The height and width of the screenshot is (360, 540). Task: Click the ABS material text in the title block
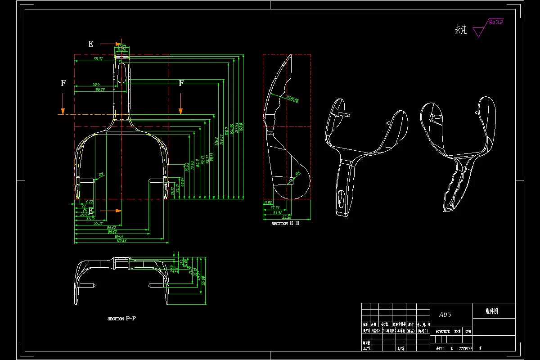coord(445,314)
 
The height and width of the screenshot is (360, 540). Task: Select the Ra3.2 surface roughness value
coord(495,22)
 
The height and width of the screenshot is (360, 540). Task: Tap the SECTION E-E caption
coord(285,223)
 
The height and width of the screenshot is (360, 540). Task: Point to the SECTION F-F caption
coord(121,319)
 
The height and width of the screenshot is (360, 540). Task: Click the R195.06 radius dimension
coord(292,99)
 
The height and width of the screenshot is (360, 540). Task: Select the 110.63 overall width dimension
coord(121,241)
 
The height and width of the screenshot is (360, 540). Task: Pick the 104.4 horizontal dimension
coord(119,236)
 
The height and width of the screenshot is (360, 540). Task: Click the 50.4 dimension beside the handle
coord(96,84)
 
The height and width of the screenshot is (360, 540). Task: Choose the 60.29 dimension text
coord(100,90)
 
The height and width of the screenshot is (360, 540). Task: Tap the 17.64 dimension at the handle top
coord(121,45)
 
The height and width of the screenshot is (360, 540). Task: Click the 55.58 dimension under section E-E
coord(286,217)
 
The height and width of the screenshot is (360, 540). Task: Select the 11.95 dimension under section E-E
coord(268,202)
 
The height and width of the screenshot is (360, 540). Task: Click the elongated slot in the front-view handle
coord(121,72)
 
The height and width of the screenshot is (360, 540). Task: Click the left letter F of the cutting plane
coord(63,83)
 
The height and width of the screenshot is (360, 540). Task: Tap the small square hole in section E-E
coord(290,181)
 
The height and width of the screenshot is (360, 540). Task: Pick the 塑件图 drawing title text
coord(491,310)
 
